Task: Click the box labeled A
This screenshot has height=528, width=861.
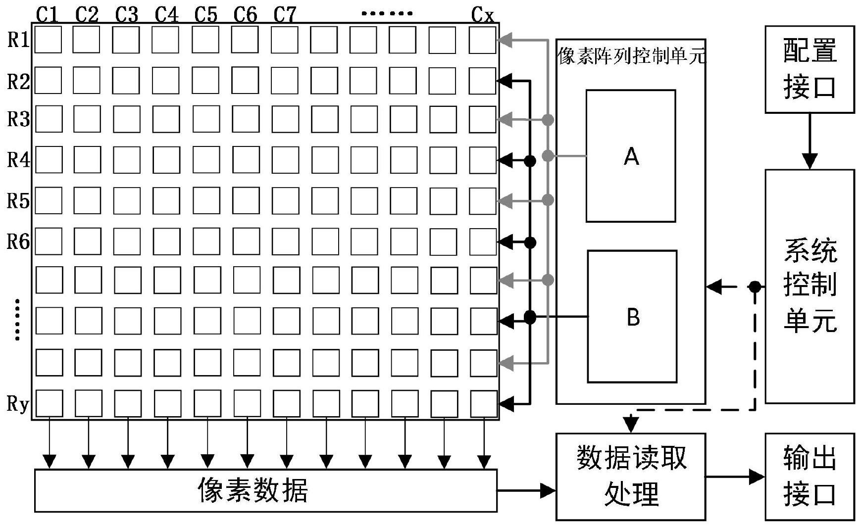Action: [x=630, y=156]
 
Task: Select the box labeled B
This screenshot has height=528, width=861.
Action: [x=632, y=317]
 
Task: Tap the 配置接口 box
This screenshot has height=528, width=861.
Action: [x=810, y=70]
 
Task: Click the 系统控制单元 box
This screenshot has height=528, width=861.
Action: [x=810, y=286]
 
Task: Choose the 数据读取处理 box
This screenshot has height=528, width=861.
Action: [x=630, y=477]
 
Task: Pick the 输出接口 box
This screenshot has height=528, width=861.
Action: [x=810, y=477]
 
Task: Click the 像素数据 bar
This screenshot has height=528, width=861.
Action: [x=265, y=490]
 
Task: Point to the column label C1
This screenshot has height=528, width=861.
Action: [x=48, y=14]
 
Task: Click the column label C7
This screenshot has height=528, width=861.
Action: [x=285, y=14]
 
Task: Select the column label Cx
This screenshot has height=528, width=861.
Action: [x=482, y=15]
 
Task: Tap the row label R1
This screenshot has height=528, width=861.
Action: [x=18, y=40]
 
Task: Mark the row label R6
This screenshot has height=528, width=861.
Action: [x=18, y=241]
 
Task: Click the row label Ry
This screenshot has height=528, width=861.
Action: [x=18, y=404]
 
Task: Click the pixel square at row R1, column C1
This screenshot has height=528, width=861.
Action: [x=49, y=40]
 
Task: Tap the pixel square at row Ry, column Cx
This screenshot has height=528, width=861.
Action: [x=483, y=404]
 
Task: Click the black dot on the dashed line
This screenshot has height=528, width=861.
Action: [x=755, y=287]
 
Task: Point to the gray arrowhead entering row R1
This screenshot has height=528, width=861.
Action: [x=505, y=40]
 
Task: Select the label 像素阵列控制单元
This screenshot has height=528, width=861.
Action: [x=630, y=56]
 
